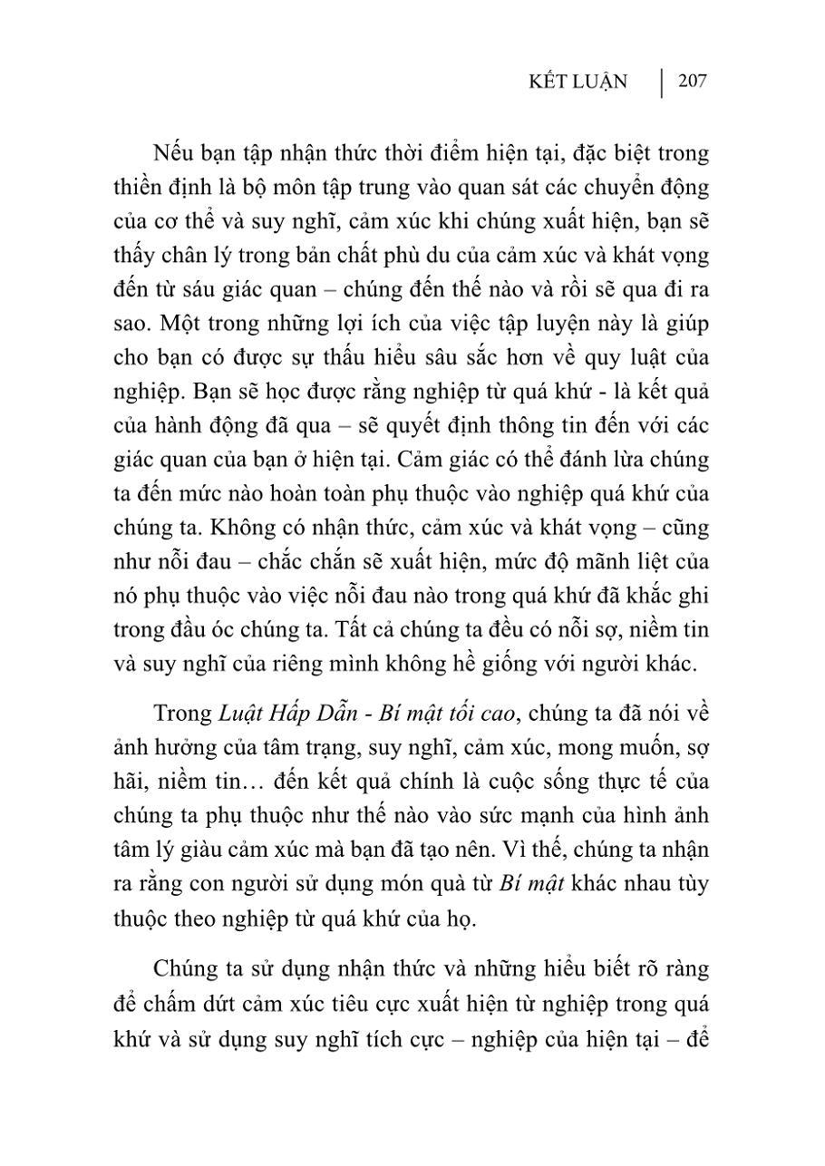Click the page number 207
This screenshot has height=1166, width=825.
tap(692, 82)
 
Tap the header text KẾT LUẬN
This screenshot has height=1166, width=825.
tap(578, 83)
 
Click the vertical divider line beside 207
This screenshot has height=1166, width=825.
tap(662, 82)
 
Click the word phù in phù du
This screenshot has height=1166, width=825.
tap(409, 256)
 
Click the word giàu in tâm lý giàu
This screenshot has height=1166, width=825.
tap(209, 849)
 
